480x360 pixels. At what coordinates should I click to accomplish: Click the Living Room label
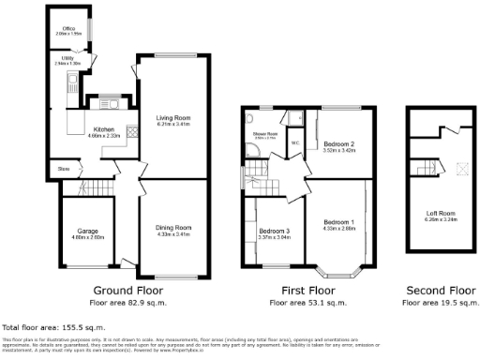[172, 117]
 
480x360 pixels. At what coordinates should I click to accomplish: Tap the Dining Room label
[172, 228]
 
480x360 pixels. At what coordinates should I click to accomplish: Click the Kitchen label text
[104, 130]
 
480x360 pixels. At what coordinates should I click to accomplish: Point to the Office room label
[68, 29]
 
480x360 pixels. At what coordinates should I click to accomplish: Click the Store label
[63, 169]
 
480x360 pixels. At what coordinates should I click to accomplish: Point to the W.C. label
[295, 143]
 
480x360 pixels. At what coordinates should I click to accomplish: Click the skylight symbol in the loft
[460, 169]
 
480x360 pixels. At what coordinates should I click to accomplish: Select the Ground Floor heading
[125, 291]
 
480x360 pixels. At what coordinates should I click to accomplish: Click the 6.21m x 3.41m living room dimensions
[172, 124]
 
